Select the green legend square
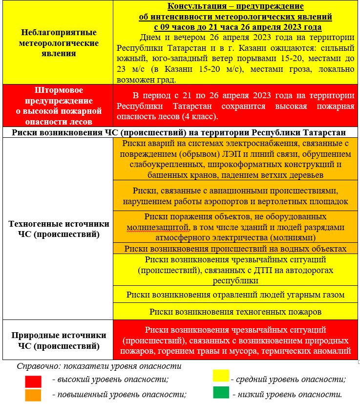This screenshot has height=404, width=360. click(221, 393)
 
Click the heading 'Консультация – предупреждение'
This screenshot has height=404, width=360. click(235, 6)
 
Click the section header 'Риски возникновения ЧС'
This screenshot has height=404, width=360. click(179, 132)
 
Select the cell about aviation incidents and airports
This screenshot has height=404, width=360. click(235, 195)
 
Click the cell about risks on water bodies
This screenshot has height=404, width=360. click(235, 249)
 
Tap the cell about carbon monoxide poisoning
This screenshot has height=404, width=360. click(235, 295)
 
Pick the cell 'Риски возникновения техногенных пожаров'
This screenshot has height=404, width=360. click(235, 311)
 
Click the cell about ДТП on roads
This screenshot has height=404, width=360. click(235, 270)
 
